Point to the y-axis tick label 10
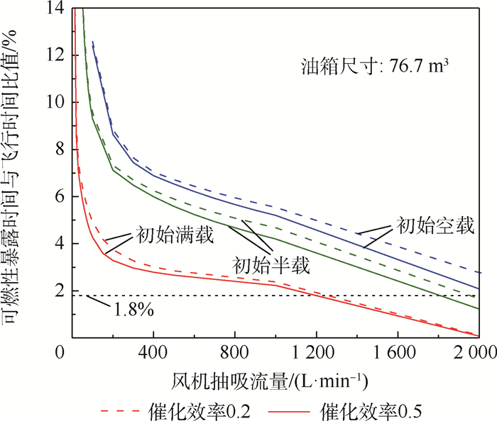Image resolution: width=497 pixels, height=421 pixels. (54, 102)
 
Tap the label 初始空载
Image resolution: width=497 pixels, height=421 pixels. (435, 228)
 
